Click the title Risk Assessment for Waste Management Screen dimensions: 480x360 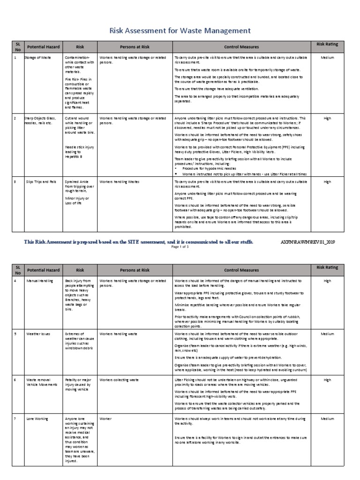pos(180,31)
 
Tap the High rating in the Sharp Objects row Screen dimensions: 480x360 pos(327,119)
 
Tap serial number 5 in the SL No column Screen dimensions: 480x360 pos(15,334)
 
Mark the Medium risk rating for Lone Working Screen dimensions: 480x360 pos(327,418)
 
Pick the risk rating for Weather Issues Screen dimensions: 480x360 pos(327,334)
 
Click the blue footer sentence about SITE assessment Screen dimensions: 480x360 pos(139,242)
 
